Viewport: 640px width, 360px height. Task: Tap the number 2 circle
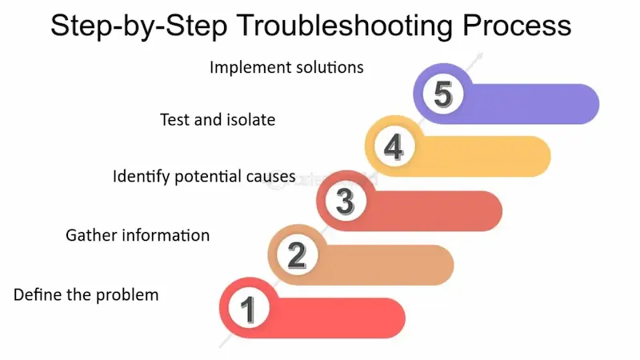tap(296, 255)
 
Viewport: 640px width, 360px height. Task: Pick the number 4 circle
tap(393, 148)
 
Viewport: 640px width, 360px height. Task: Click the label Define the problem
tap(86, 294)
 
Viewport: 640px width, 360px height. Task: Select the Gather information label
tap(138, 235)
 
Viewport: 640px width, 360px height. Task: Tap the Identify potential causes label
tap(205, 176)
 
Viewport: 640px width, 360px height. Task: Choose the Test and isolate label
tap(218, 120)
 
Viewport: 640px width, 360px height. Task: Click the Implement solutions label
tap(286, 67)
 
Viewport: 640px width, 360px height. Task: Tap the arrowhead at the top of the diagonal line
tap(480, 56)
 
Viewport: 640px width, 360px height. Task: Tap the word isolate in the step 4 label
tap(249, 120)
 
